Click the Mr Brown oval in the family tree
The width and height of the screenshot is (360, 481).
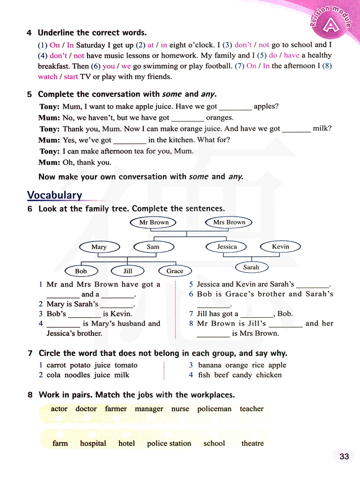(154, 222)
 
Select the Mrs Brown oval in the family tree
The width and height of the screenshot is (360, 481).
(229, 222)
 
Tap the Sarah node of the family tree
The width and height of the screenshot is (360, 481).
(251, 267)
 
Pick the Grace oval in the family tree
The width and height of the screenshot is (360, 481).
(175, 271)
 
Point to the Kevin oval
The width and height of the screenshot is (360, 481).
(280, 247)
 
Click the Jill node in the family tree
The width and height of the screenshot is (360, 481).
(128, 271)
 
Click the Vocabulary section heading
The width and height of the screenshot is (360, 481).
(55, 195)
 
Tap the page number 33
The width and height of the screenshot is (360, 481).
(344, 457)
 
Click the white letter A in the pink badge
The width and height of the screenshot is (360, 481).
(331, 26)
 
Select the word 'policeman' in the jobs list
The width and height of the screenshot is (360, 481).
(214, 409)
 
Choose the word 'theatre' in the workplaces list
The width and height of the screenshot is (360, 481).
(252, 444)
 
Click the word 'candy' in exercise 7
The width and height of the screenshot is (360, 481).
(242, 375)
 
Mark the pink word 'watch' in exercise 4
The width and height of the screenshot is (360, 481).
(48, 77)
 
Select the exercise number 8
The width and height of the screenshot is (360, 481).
(30, 395)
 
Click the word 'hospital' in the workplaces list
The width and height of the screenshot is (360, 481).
(93, 444)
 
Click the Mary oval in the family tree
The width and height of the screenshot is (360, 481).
(99, 247)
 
